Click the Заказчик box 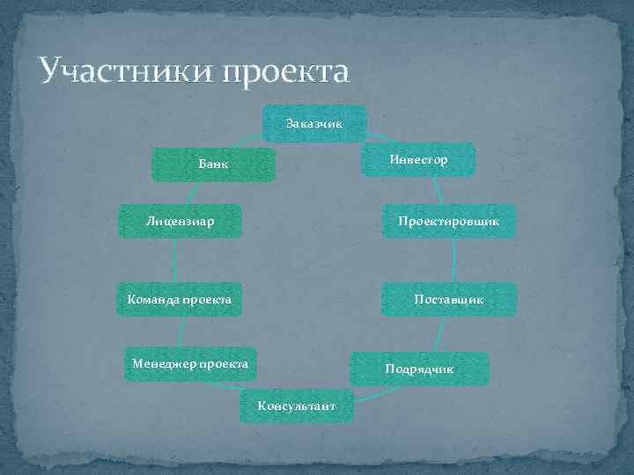(314, 124)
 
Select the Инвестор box (419, 159)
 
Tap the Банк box (213, 164)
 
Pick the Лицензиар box (181, 220)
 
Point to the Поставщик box (448, 299)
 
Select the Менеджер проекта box (190, 362)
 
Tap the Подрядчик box (419, 369)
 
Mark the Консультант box (296, 406)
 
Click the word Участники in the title (120, 70)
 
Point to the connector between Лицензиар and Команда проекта (175, 260)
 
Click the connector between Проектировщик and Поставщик (454, 260)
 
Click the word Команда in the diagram (151, 300)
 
